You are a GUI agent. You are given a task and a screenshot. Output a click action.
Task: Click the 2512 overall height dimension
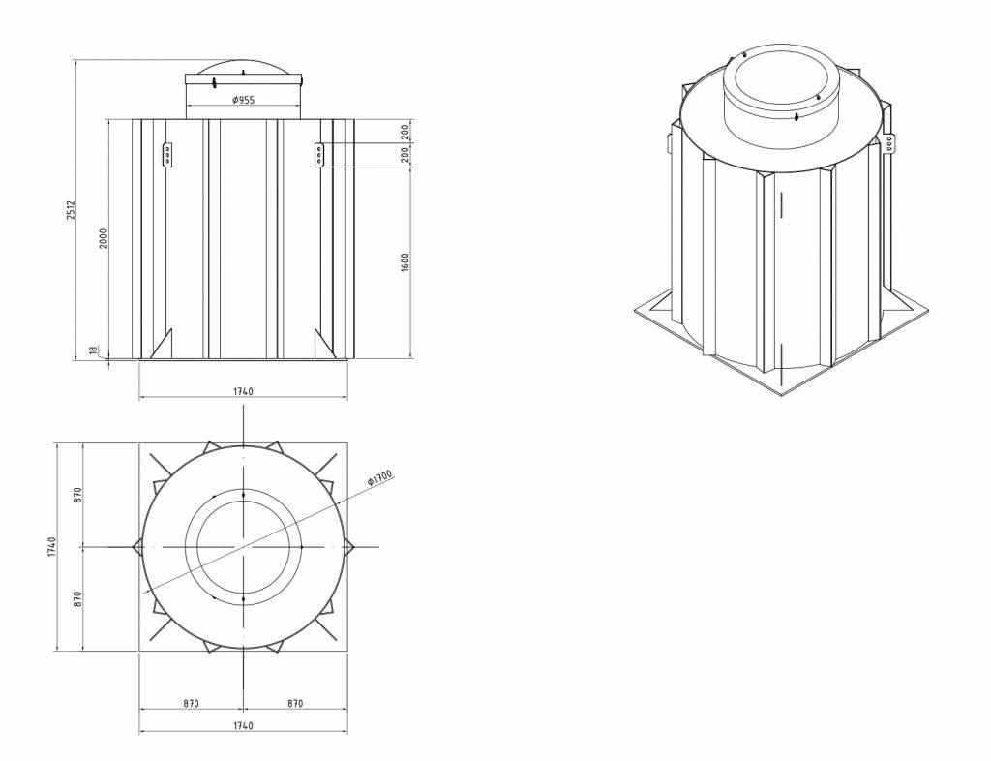click(x=72, y=210)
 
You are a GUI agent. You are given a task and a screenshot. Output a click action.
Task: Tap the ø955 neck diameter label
click(x=243, y=100)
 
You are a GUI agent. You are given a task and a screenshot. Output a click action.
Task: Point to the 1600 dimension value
click(x=405, y=263)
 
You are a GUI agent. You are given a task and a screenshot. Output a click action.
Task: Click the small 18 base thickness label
click(x=94, y=350)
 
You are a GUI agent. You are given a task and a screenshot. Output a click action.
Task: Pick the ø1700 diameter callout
click(x=379, y=478)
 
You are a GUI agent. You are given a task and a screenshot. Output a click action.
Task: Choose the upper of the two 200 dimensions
click(x=405, y=132)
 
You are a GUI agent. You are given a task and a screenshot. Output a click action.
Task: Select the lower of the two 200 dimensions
click(x=405, y=155)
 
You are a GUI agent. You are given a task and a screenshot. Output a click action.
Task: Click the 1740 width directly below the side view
click(x=243, y=392)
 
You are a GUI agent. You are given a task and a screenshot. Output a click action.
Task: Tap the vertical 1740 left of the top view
click(x=52, y=547)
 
